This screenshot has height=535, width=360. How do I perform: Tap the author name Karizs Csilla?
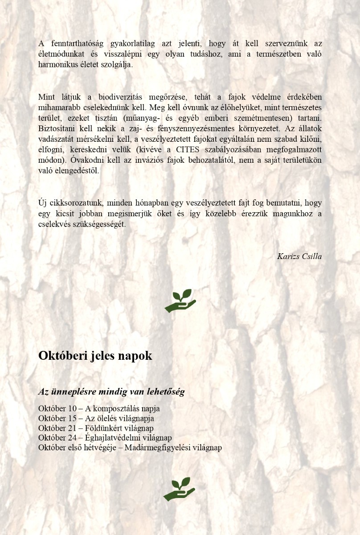tap(299, 256)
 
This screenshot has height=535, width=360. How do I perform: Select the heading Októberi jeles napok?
tap(95, 356)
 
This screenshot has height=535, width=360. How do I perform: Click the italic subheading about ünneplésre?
tap(111, 392)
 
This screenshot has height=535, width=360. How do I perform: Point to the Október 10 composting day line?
tap(99, 408)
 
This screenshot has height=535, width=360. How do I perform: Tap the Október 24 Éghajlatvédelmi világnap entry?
tap(105, 438)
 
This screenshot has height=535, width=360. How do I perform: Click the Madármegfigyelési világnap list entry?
tap(130, 448)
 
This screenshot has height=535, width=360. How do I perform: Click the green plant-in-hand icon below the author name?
tap(180, 300)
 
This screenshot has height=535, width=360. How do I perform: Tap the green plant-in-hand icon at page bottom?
tap(179, 489)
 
